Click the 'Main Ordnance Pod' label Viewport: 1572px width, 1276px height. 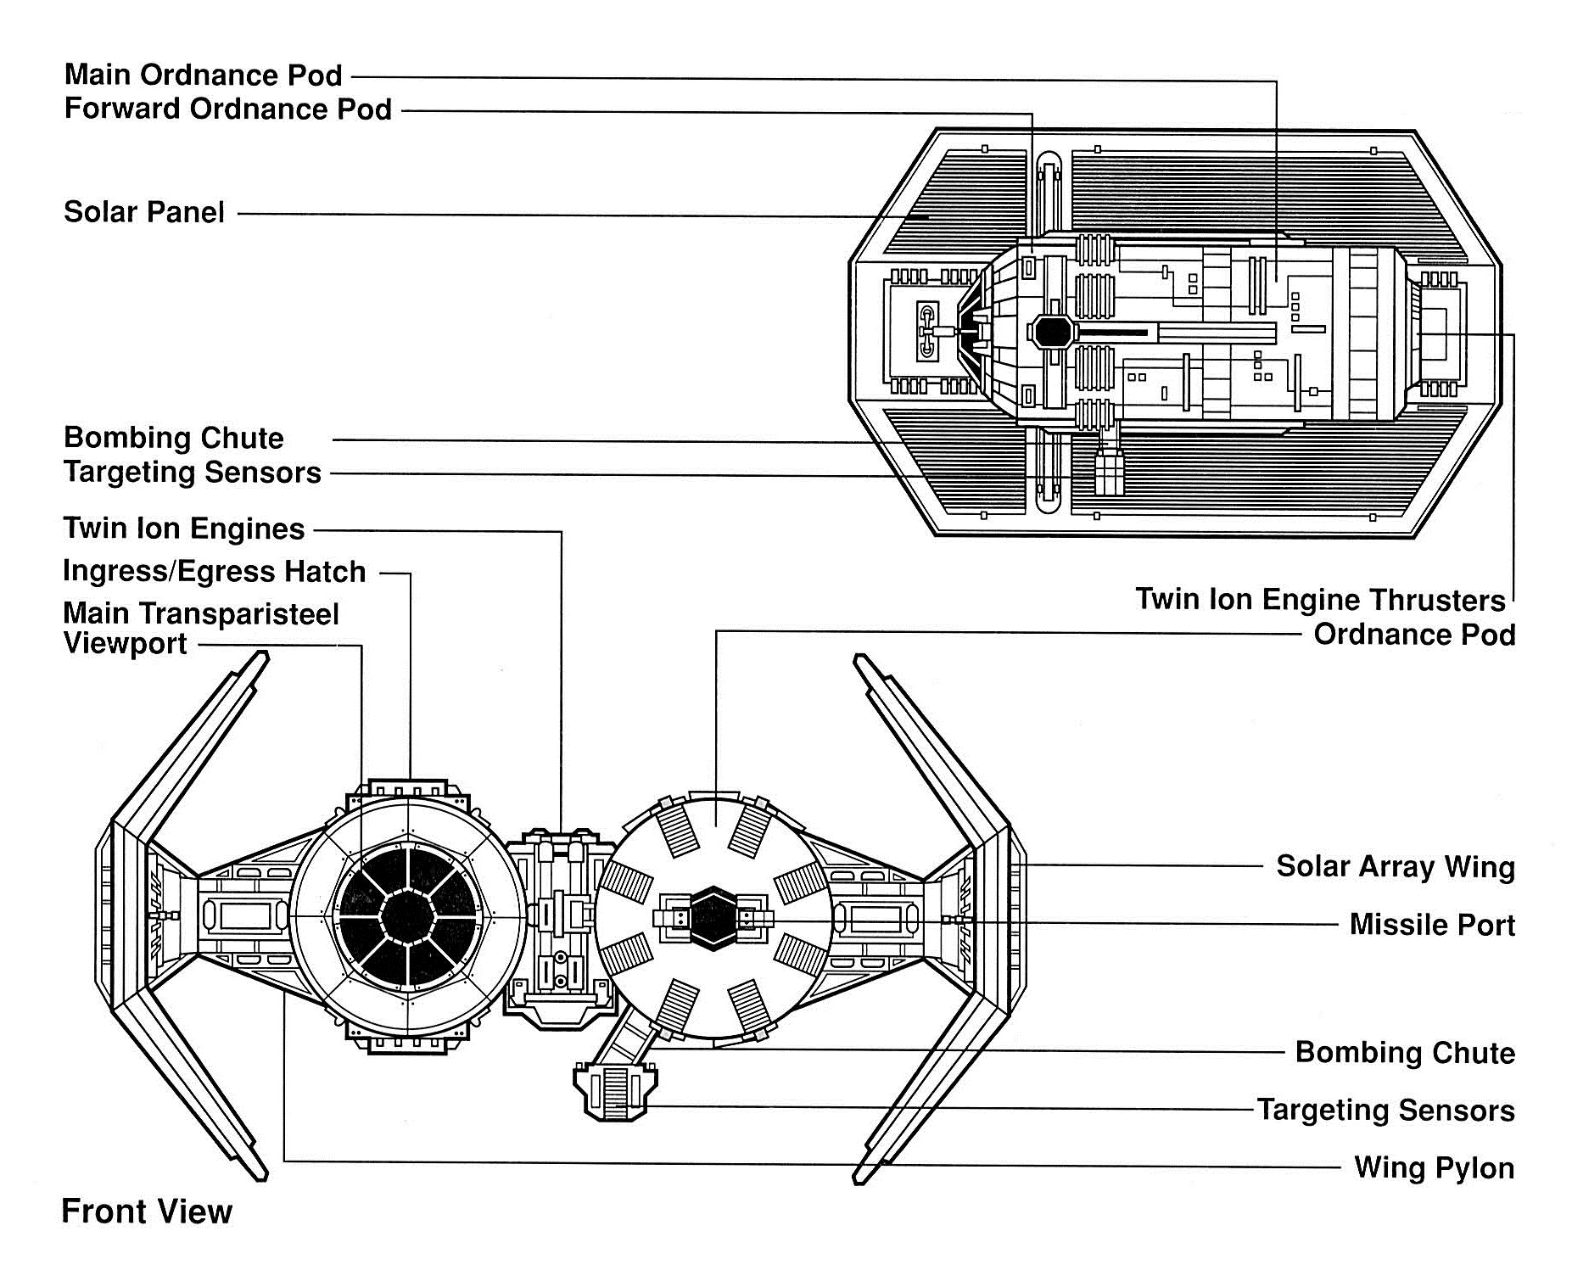click(204, 75)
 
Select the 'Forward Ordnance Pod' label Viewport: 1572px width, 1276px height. click(228, 109)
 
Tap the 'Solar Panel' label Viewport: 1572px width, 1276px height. click(144, 211)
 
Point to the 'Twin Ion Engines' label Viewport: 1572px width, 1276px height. click(184, 529)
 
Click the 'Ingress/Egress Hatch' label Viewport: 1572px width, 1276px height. click(215, 571)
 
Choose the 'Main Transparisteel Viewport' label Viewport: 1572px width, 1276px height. click(201, 629)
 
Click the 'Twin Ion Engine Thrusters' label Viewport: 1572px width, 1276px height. click(1321, 600)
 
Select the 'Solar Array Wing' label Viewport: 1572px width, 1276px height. click(1396, 867)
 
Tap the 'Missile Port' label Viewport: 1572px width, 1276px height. click(1432, 924)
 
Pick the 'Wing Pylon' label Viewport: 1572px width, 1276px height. click(1435, 1167)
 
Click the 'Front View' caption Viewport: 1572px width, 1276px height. click(147, 1212)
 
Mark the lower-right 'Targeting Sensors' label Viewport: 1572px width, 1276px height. click(1386, 1110)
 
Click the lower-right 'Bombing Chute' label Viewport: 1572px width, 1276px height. click(1405, 1053)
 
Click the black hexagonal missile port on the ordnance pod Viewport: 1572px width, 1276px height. click(714, 918)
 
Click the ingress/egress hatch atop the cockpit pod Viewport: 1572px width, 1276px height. click(409, 788)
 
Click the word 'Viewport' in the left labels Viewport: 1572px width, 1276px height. click(126, 644)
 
